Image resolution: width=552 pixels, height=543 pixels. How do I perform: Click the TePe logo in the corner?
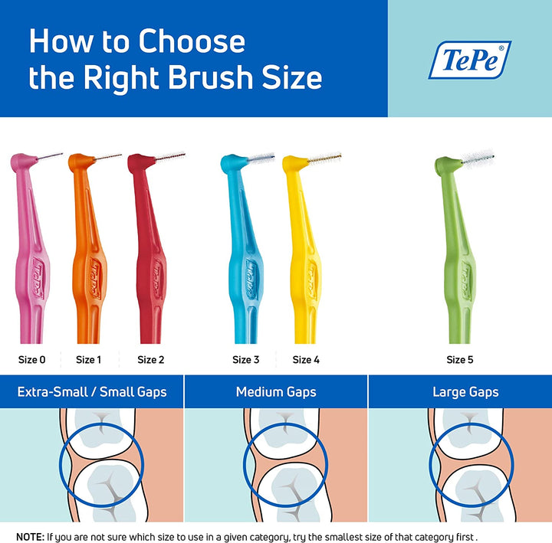469,60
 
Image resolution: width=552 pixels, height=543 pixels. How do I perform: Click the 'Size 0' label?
32,359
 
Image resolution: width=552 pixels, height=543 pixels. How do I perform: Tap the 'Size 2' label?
151,359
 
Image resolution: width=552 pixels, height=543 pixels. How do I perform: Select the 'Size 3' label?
246,359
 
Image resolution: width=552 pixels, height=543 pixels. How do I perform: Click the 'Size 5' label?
460,359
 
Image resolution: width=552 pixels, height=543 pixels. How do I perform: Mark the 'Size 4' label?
307,359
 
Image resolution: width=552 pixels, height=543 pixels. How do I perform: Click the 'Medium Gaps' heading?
276,392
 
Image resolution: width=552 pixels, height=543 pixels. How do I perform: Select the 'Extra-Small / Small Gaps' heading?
92,392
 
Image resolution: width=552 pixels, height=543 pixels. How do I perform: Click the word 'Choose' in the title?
192,42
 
